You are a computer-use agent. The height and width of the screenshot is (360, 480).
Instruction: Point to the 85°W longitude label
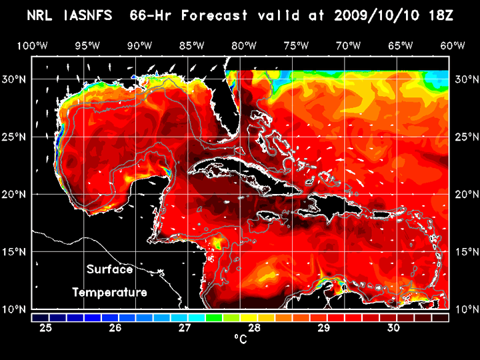[192, 46]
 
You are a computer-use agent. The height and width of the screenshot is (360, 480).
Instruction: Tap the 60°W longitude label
[453, 46]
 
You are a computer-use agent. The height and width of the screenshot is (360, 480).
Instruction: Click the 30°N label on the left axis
[16, 79]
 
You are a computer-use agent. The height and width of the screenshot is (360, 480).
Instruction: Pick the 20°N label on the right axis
[464, 194]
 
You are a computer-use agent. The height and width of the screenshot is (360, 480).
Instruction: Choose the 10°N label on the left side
[16, 309]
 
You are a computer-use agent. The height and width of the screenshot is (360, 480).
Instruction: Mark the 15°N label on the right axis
[464, 251]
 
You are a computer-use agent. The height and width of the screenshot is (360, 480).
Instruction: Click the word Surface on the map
[110, 270]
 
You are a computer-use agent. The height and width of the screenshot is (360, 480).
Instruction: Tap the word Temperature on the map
[110, 292]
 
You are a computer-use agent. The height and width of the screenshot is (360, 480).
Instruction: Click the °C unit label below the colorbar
[240, 339]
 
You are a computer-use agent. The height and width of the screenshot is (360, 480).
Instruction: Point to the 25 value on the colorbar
[46, 327]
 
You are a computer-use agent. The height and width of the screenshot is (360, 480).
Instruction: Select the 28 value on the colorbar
[255, 327]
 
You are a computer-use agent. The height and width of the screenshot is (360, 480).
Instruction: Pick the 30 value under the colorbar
[393, 327]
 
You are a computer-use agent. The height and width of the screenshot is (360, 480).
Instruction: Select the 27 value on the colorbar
[185, 327]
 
